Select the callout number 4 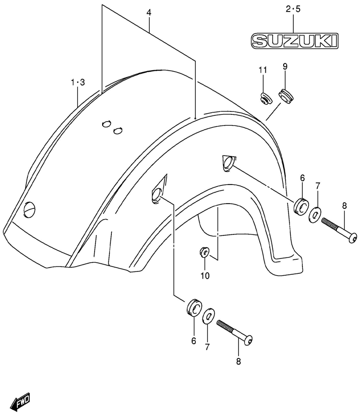point(149,13)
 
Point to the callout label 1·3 point(78,83)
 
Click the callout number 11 point(263,71)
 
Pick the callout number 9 point(285,67)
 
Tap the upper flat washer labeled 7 point(315,213)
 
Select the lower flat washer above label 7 point(208,317)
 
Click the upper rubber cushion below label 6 point(300,205)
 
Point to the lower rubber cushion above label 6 point(193,307)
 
